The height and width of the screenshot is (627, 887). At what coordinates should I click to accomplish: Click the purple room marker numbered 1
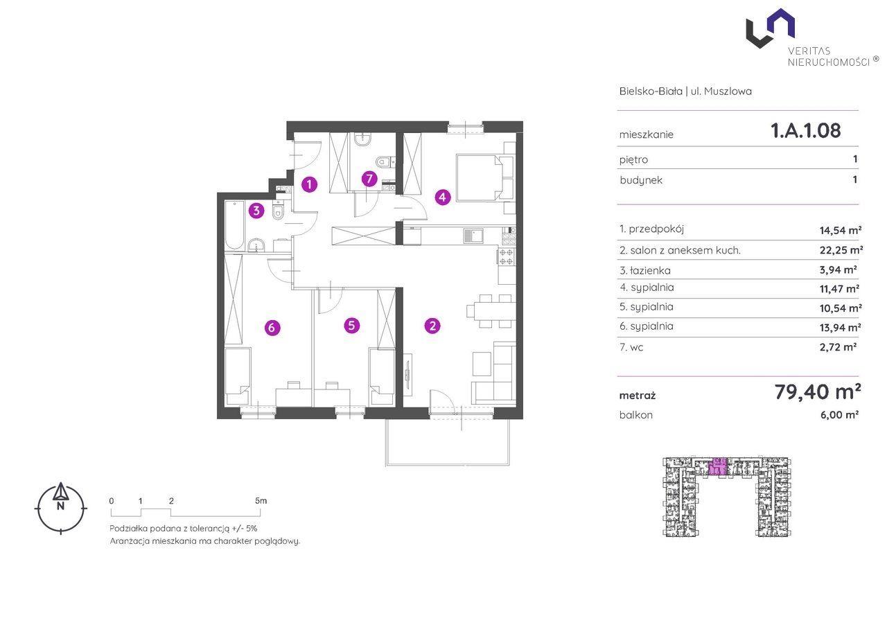[309, 184]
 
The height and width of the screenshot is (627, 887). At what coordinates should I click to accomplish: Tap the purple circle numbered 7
[369, 179]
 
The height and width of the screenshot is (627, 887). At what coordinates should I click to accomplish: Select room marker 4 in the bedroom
[443, 197]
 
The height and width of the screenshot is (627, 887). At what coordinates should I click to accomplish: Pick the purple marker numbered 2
[432, 326]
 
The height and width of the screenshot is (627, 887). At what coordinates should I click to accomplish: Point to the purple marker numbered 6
[272, 327]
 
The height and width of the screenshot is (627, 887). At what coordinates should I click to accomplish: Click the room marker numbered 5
[351, 326]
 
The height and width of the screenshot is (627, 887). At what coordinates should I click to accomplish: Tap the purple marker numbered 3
[256, 211]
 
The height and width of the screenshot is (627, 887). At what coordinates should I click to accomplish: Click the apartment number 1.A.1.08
[805, 130]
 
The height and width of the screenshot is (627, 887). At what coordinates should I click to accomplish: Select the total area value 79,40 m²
[817, 392]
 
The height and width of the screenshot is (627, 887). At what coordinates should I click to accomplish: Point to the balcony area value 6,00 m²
[839, 415]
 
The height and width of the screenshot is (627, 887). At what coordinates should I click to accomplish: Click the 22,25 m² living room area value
[841, 250]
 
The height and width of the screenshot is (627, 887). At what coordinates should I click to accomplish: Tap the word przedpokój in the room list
[656, 229]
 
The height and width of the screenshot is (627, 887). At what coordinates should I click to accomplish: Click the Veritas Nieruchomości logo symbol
[770, 28]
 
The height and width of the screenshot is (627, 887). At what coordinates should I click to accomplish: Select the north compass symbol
[60, 507]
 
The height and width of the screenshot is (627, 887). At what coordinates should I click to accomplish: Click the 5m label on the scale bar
[261, 501]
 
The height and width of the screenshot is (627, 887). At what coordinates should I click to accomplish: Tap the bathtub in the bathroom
[234, 225]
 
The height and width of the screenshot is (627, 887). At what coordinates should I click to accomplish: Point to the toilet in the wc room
[383, 161]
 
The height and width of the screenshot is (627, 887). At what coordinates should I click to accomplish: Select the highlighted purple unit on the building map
[717, 466]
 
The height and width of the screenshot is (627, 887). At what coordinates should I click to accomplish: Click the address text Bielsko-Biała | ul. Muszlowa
[685, 91]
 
